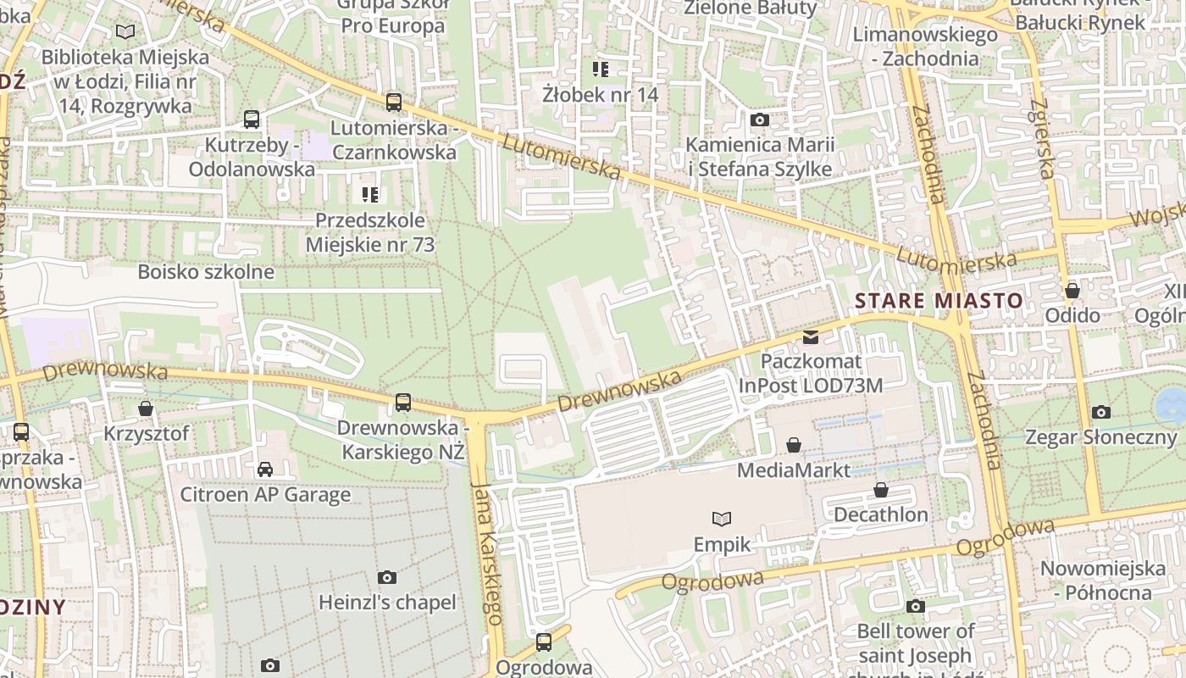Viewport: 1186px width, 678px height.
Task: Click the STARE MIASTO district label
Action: (939, 301)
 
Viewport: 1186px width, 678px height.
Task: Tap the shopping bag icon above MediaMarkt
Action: (794, 445)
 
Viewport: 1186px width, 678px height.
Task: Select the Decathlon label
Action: (881, 514)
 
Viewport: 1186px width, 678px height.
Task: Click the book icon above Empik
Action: (722, 519)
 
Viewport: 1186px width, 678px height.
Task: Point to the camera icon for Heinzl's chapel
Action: (387, 578)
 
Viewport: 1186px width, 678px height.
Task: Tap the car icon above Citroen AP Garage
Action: (265, 470)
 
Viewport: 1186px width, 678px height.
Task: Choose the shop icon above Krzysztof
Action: (146, 408)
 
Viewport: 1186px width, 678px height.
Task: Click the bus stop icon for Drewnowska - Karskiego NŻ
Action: (403, 403)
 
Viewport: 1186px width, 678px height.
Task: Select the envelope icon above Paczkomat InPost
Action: (811, 337)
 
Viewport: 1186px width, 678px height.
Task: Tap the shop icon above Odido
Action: (1072, 291)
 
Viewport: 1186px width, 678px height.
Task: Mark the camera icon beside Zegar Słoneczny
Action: (1101, 413)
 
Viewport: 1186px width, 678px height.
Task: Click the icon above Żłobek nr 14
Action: (601, 69)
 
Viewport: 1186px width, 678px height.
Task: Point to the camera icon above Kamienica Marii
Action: (760, 120)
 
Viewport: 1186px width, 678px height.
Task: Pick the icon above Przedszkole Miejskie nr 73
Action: (370, 195)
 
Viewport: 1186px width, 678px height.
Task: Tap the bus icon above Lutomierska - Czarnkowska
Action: (394, 103)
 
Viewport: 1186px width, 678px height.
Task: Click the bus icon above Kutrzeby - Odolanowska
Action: (252, 119)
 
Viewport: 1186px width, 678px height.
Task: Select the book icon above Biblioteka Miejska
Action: (125, 32)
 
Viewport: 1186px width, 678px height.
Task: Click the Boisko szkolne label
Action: (206, 272)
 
